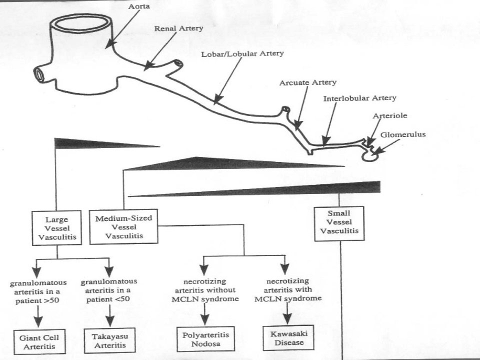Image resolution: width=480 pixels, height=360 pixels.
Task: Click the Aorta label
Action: pos(139,6)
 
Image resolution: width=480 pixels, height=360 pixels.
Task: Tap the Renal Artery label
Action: pos(178,28)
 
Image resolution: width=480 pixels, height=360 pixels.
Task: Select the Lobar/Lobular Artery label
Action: pos(242,54)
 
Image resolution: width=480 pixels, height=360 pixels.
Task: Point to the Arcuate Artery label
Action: pos(307,82)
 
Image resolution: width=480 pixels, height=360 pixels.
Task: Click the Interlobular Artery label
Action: pos(359,98)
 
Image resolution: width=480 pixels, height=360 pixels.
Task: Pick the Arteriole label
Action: pos(389,115)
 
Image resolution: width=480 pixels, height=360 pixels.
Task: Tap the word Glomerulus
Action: pos(403,134)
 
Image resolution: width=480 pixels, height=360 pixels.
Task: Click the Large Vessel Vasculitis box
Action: pos(57,228)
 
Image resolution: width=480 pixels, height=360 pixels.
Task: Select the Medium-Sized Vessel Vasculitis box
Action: pos(123,227)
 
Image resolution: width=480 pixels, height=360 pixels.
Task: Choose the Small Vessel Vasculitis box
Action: pos(339,224)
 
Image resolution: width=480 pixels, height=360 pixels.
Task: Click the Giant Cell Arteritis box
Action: pos(39,342)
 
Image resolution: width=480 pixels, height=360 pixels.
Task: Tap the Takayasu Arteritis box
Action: pos(110,340)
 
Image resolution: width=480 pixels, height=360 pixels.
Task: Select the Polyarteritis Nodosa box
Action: pos(205,339)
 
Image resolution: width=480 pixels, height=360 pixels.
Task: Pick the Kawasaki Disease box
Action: pos(288,337)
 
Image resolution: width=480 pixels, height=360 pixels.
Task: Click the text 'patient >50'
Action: pos(37,300)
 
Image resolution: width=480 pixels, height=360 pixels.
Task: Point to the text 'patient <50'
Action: pos(108,299)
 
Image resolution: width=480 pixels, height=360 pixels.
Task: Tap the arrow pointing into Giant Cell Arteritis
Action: pos(38,317)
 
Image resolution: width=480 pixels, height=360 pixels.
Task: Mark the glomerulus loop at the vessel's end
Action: pos(370,156)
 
